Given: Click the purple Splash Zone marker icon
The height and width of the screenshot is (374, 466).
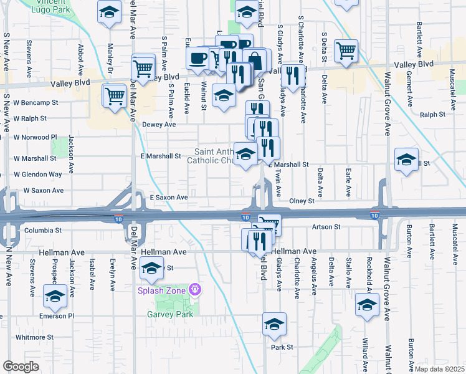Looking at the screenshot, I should click(195, 290).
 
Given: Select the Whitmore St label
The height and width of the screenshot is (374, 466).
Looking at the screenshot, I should click(34, 337).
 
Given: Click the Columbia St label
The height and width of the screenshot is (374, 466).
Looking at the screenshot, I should click(43, 230).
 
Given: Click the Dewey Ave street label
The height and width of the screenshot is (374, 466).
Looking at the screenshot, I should click(160, 125).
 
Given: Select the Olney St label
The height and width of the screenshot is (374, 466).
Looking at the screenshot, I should click(302, 201).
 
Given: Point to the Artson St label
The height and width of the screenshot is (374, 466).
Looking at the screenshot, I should click(326, 228).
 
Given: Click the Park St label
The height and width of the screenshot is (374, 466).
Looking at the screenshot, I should click(282, 347).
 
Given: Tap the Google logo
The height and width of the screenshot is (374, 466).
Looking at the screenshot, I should click(21, 367).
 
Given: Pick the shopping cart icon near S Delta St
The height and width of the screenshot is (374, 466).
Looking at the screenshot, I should click(345, 50).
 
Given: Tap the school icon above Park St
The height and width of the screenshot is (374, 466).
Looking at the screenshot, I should click(273, 324).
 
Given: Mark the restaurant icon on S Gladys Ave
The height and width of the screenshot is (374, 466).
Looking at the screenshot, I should click(292, 75).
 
